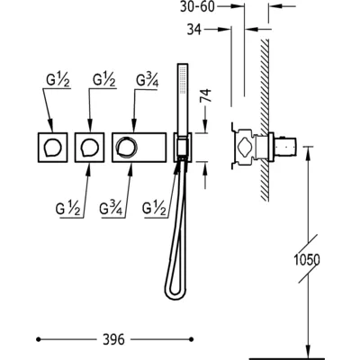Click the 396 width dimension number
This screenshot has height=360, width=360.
tap(113, 339)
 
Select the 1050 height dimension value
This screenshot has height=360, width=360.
tap(306, 260)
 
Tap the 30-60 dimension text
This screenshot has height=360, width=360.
tap(197, 6)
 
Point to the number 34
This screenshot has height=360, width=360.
tap(194, 30)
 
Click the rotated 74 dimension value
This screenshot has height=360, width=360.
tap(206, 95)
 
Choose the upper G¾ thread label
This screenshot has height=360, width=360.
tap(147, 80)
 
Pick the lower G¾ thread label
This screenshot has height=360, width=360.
tap(111, 208)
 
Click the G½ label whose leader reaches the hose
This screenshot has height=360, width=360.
tap(154, 208)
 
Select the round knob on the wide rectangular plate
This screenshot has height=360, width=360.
tap(127, 148)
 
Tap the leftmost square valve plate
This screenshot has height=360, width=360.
tap(53, 148)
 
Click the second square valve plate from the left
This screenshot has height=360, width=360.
tap(89, 148)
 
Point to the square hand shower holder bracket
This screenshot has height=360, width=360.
tap(183, 148)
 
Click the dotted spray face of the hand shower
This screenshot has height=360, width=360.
tap(181, 78)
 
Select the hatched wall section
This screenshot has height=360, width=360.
tap(265, 120)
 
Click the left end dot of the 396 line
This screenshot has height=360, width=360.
tap(38, 339)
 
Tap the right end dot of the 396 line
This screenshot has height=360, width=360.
tap(192, 339)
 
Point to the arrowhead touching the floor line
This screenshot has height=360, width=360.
tap(308, 351)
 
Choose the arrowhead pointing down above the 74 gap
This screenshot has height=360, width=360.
tap(206, 126)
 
